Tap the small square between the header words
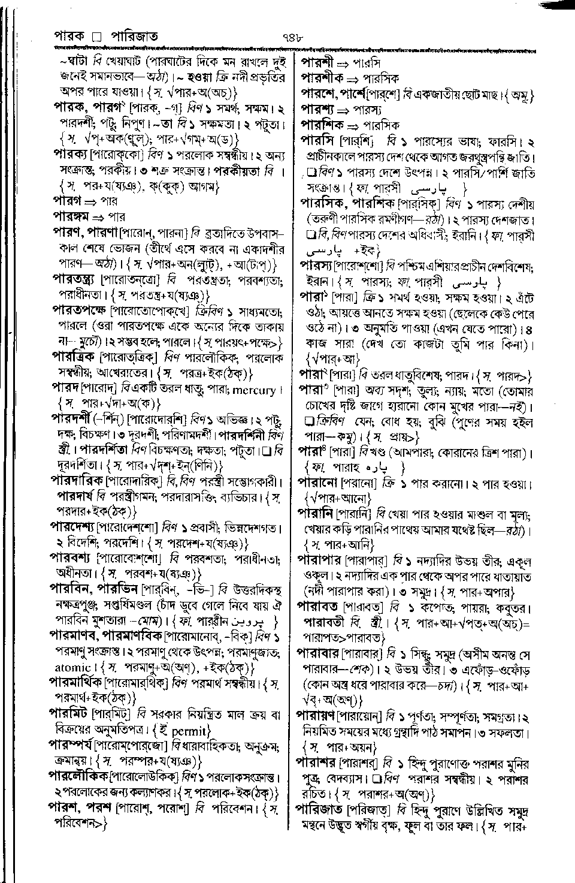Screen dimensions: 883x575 94,37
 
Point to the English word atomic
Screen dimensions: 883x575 72,667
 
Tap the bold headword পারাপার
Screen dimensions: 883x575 319,561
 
